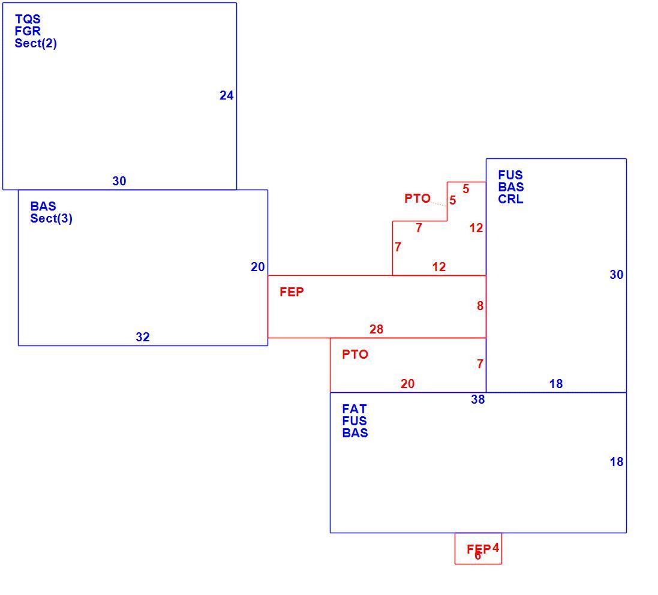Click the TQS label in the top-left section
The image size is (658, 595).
click(28, 19)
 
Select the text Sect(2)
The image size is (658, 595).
click(35, 43)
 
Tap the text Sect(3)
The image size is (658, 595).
click(51, 218)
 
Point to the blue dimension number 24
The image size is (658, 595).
click(227, 95)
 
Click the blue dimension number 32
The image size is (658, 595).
click(143, 337)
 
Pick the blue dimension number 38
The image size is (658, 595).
click(478, 399)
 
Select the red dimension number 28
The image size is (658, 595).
click(377, 329)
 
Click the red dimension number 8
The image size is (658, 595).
click(480, 306)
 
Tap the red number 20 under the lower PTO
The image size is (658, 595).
click(407, 383)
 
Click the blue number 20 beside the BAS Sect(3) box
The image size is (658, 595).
click(258, 267)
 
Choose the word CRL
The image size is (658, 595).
click(510, 199)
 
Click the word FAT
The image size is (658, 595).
click(354, 408)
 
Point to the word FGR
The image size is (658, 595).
click(28, 31)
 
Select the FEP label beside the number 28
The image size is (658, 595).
click(292, 292)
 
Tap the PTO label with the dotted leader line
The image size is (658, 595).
click(417, 198)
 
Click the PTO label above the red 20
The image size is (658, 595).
click(355, 354)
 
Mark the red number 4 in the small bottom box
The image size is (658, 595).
click(495, 548)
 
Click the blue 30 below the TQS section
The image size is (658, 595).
click(119, 181)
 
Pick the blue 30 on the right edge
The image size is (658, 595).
click(617, 275)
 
